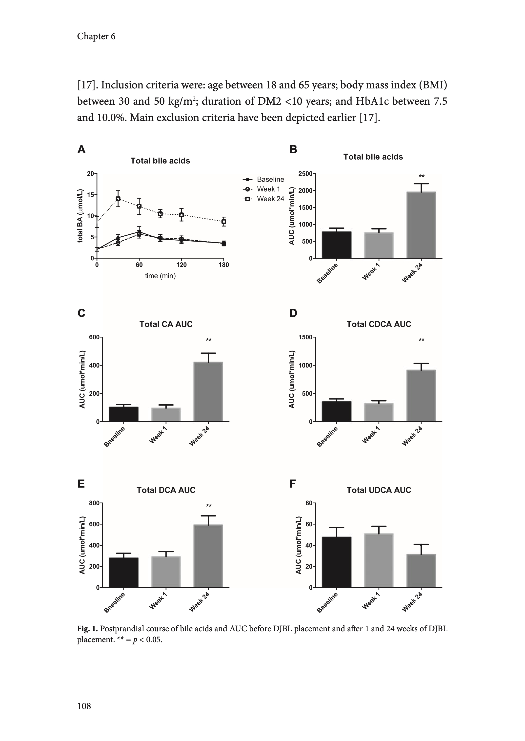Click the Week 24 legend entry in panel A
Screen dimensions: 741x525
[x=264, y=199]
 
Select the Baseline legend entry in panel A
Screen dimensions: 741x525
[x=264, y=179]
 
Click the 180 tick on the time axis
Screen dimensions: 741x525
[x=224, y=265]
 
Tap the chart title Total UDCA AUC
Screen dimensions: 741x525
[x=379, y=490]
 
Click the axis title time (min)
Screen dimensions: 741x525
[x=160, y=276]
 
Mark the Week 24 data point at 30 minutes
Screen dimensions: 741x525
[x=118, y=199]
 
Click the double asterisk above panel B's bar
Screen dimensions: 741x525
[x=422, y=177]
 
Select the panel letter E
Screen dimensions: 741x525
[x=81, y=484]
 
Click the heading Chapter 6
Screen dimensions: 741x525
[x=96, y=36]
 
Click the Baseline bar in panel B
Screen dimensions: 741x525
[x=337, y=245]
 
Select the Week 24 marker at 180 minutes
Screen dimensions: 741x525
[x=224, y=222]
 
